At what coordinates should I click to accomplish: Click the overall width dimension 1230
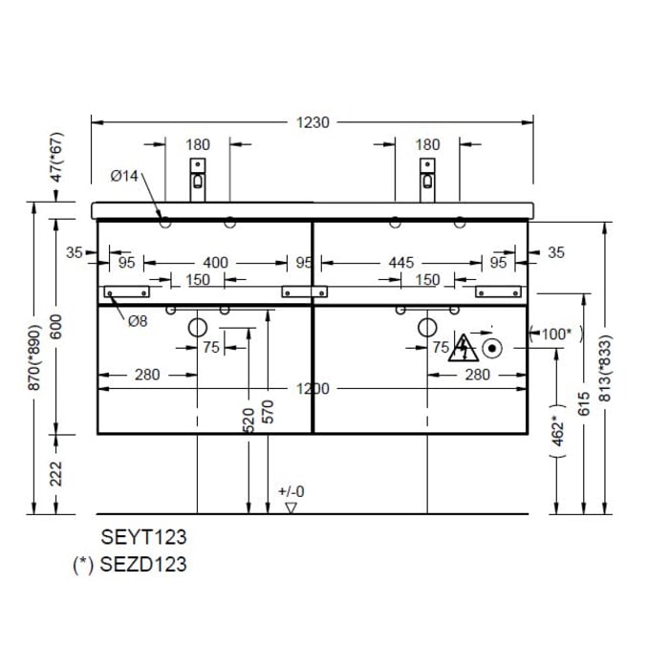click(313, 121)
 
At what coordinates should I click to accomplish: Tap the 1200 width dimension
click(312, 388)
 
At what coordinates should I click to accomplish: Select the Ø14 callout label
click(124, 176)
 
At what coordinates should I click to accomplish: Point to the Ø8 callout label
click(139, 321)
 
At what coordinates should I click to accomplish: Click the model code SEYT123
click(143, 537)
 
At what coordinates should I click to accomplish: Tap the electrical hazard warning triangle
click(465, 347)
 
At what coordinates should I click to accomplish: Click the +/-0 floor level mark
click(291, 492)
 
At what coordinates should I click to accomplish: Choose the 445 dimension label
click(401, 262)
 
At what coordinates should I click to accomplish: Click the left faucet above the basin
click(197, 179)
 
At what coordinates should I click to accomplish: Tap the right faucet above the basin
click(428, 179)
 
